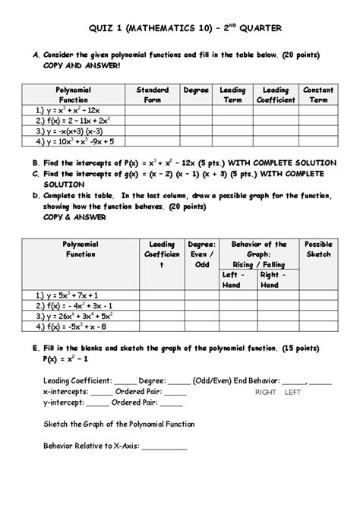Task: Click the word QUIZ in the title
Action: tap(102, 29)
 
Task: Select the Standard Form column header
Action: tap(152, 94)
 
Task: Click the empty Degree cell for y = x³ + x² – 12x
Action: tap(195, 110)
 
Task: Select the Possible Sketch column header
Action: tap(318, 249)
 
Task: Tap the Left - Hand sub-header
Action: tap(232, 279)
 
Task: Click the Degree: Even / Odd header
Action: tap(201, 254)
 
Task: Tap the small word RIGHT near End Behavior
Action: tap(266, 393)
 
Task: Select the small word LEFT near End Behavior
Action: tap(292, 393)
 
